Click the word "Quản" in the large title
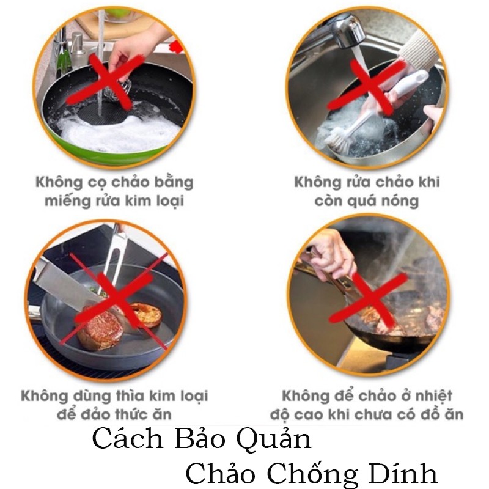(x=273, y=439)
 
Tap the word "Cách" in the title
(x=128, y=439)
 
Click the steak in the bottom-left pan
(x=100, y=329)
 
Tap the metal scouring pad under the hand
(x=119, y=90)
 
